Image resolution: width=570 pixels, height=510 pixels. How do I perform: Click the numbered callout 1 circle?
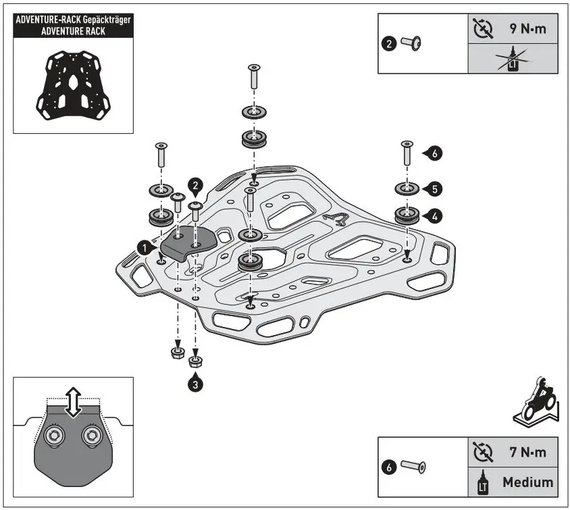click(144, 249)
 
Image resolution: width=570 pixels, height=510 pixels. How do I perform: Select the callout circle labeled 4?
click(434, 215)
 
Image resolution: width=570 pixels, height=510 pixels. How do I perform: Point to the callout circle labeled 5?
click(434, 187)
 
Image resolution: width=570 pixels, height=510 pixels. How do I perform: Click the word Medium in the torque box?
click(527, 482)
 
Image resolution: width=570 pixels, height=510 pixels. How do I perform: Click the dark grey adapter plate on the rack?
click(186, 243)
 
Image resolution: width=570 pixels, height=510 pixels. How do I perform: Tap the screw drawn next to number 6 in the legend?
click(413, 466)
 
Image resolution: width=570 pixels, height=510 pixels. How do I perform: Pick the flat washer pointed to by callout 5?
click(405, 187)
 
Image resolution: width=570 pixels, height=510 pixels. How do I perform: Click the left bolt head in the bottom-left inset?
click(53, 438)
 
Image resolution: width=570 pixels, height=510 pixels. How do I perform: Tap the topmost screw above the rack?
click(254, 77)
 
